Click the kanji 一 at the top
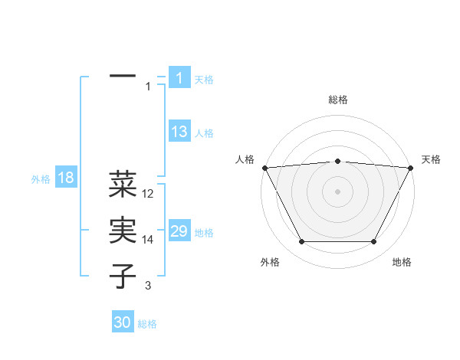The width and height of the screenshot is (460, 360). point(123,77)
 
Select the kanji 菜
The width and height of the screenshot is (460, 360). point(123,185)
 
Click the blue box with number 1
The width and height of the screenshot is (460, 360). point(179,78)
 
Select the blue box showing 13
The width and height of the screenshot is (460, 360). point(179,132)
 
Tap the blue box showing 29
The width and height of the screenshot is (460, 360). point(179,231)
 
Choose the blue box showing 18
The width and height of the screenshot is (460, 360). point(66,178)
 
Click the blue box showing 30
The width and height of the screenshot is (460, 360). point(123,322)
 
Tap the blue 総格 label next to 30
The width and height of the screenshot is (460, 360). point(147,324)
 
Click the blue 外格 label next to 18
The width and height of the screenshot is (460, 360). point(41,179)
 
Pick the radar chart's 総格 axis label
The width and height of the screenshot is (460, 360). point(338,100)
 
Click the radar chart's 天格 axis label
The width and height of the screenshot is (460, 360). point(431,159)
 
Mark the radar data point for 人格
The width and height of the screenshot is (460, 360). point(265,168)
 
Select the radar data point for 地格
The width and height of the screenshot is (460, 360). point(374,242)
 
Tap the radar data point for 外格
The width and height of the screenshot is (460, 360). point(301,242)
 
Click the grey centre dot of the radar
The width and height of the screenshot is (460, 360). point(338,191)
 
